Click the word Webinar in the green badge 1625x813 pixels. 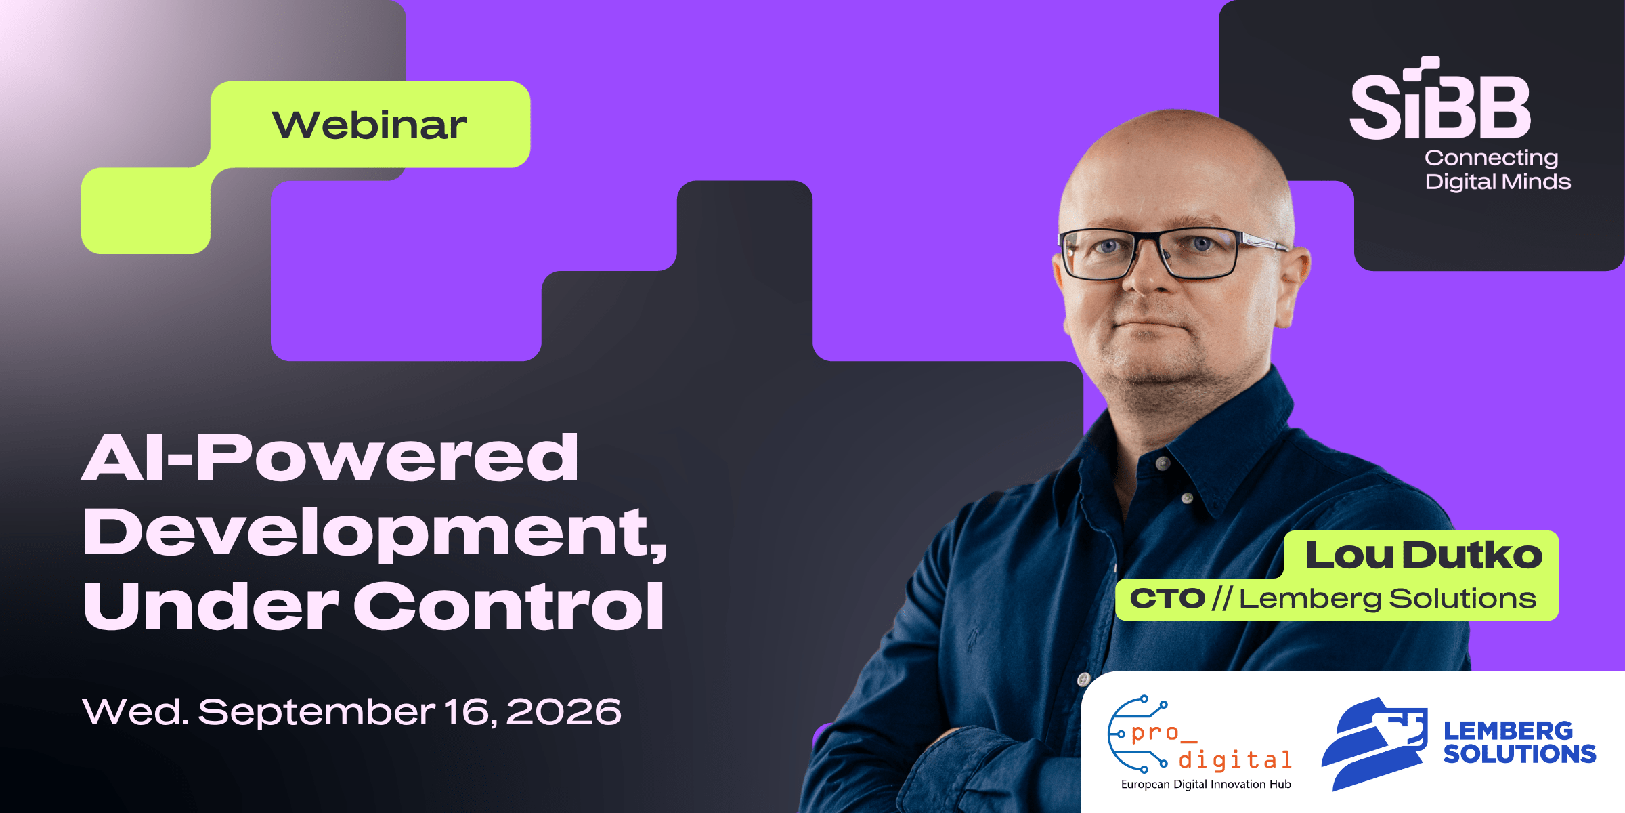pyautogui.click(x=369, y=125)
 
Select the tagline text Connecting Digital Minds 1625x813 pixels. pyautogui.click(x=1497, y=169)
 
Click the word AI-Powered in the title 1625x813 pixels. pyautogui.click(x=330, y=457)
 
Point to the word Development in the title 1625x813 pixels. pyautogui.click(x=374, y=534)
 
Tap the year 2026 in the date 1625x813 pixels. pyautogui.click(x=563, y=711)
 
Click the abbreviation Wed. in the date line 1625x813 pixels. pyautogui.click(x=135, y=711)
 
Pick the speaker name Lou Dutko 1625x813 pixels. pyautogui.click(x=1424, y=555)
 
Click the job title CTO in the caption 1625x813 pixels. pyautogui.click(x=1167, y=598)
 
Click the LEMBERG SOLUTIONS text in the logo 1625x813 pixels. pyautogui.click(x=1519, y=742)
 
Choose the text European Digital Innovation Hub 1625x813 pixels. pyautogui.click(x=1206, y=785)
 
